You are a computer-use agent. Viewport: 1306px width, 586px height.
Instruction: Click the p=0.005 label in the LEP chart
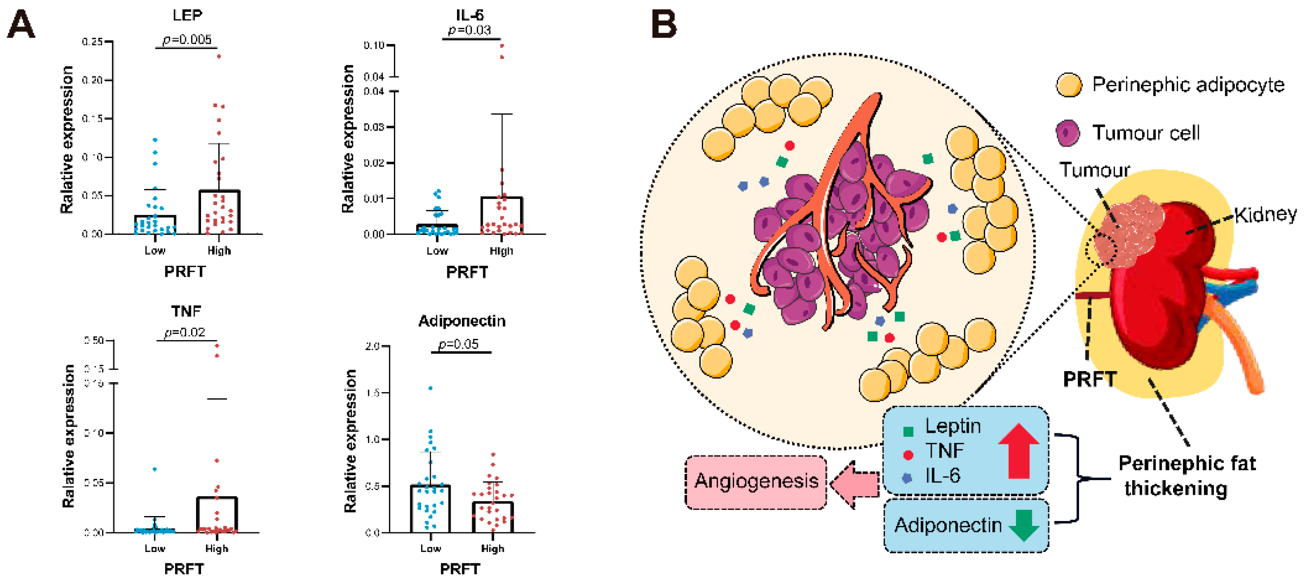(187, 40)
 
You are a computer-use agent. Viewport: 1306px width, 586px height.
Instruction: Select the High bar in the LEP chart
(219, 212)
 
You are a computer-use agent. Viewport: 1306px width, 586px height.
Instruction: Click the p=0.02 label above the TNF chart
(185, 333)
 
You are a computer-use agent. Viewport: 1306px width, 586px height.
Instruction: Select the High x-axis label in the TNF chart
(216, 548)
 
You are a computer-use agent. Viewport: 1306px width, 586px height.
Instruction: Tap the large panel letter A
(21, 25)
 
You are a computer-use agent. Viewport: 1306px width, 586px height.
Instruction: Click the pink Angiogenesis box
(756, 481)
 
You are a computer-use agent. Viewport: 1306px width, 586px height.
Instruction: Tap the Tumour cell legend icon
(1068, 134)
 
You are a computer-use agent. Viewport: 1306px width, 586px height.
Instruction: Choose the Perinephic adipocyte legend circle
(1069, 85)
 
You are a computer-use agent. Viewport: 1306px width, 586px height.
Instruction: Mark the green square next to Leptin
(908, 432)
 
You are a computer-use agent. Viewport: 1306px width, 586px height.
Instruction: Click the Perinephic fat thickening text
(1186, 476)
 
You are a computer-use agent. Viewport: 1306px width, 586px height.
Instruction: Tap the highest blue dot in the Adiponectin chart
(431, 388)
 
